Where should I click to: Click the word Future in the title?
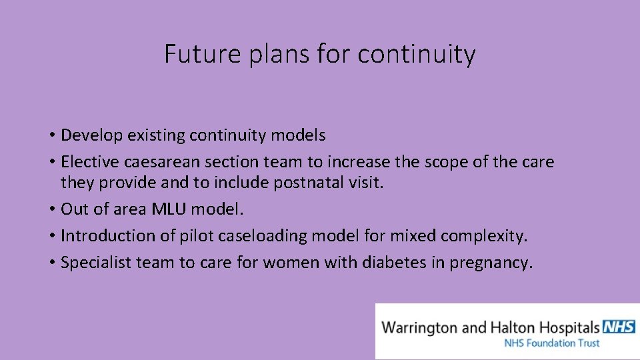pyautogui.click(x=193, y=54)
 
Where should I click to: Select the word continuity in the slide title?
pyautogui.click(x=416, y=54)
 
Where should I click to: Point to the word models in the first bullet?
pyautogui.click(x=299, y=135)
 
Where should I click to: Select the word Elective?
pyautogui.click(x=87, y=162)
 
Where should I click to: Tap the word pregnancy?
pyautogui.click(x=491, y=263)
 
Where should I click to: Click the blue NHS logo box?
pyautogui.click(x=618, y=327)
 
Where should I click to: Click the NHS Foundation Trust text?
pyautogui.click(x=552, y=343)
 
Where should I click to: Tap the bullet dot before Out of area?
pyautogui.click(x=51, y=209)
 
